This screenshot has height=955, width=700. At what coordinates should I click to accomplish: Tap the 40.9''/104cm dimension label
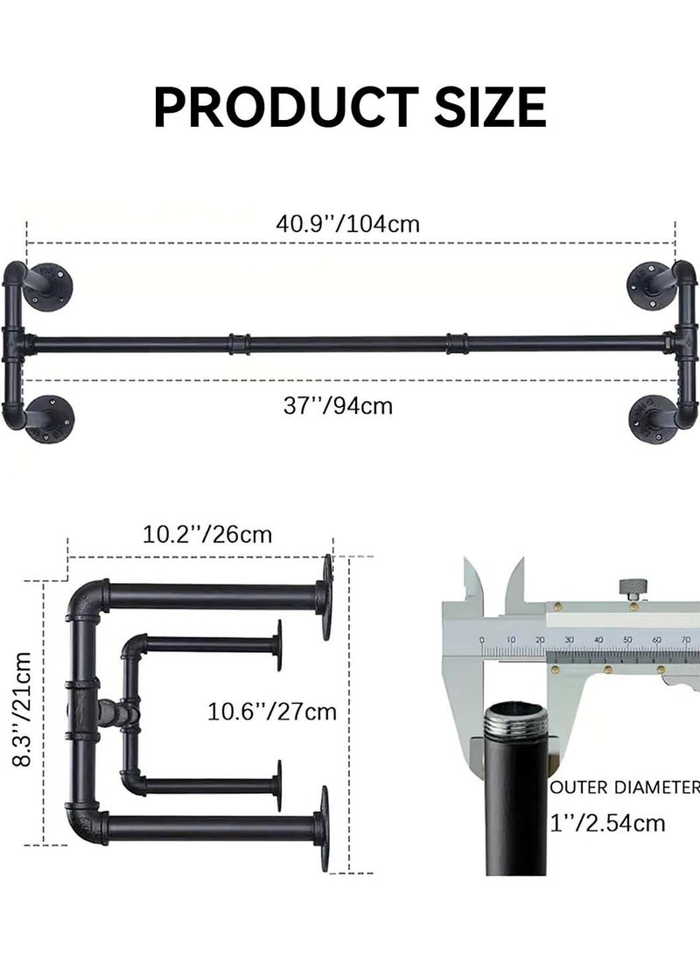[348, 223]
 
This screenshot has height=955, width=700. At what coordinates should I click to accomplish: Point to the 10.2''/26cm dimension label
[207, 534]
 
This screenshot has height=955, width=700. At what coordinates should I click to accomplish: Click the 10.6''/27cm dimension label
[272, 711]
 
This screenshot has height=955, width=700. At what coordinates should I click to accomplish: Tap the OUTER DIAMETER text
[625, 788]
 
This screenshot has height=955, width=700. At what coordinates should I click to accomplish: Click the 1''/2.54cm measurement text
[607, 823]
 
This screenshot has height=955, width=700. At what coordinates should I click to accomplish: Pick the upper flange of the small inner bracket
[279, 645]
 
